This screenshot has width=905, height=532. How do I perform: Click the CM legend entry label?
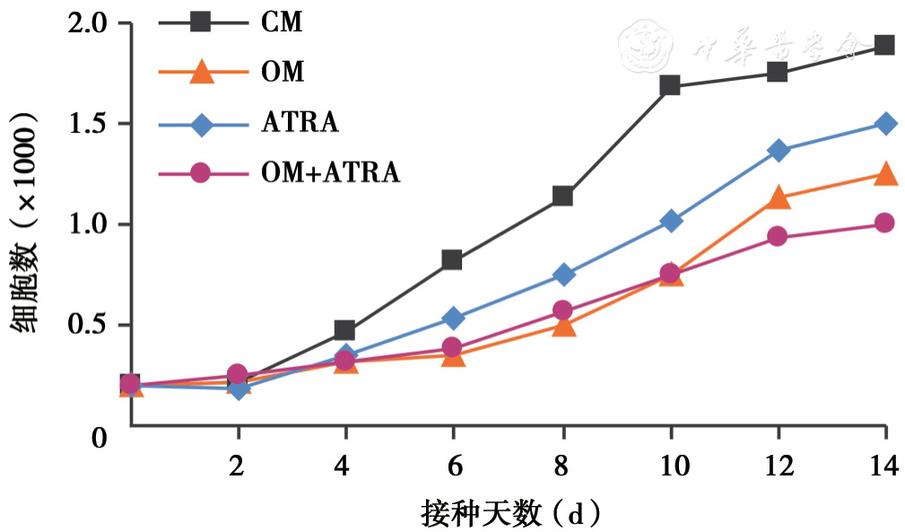282,22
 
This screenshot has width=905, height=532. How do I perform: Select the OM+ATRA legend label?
330,172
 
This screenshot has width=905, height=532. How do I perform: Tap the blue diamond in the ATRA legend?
201,123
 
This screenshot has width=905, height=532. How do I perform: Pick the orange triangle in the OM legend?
201,72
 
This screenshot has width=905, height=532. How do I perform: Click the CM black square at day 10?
669,86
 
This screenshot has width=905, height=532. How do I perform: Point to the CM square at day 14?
884,45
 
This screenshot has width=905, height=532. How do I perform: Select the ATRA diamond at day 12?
778,150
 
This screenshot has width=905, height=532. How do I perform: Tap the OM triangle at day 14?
884,174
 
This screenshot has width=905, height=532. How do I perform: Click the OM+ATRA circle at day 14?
884,222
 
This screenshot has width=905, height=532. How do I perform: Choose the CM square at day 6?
452,260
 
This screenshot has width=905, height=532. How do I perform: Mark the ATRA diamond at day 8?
562,275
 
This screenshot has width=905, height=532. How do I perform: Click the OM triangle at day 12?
778,197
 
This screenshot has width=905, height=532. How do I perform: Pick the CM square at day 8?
562,196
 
